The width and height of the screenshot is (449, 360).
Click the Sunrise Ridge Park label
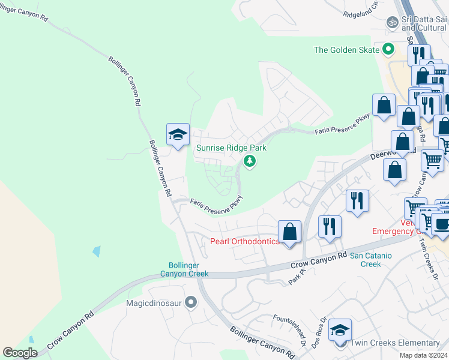pyautogui.click(x=231, y=148)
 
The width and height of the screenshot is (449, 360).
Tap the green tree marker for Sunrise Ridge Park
pyautogui.click(x=249, y=161)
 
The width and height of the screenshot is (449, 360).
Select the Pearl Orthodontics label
pyautogui.click(x=245, y=241)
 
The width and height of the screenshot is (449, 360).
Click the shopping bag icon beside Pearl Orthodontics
pyautogui.click(x=289, y=232)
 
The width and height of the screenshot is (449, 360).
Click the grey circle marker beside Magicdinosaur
pyautogui.click(x=191, y=302)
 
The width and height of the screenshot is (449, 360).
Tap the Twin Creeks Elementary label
pyautogui.click(x=395, y=343)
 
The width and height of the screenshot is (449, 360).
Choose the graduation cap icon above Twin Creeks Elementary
pyautogui.click(x=340, y=330)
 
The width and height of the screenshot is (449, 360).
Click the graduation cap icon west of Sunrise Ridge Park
pyautogui.click(x=178, y=135)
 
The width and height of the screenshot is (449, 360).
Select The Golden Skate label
pyautogui.click(x=347, y=50)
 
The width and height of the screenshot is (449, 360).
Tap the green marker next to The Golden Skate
pyautogui.click(x=388, y=49)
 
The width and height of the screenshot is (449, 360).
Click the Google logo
pyautogui.click(x=20, y=353)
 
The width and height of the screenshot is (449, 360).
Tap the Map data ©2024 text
pyautogui.click(x=424, y=355)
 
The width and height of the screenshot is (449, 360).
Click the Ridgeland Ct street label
pyautogui.click(x=360, y=8)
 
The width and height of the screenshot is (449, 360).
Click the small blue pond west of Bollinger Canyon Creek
pyautogui.click(x=97, y=251)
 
